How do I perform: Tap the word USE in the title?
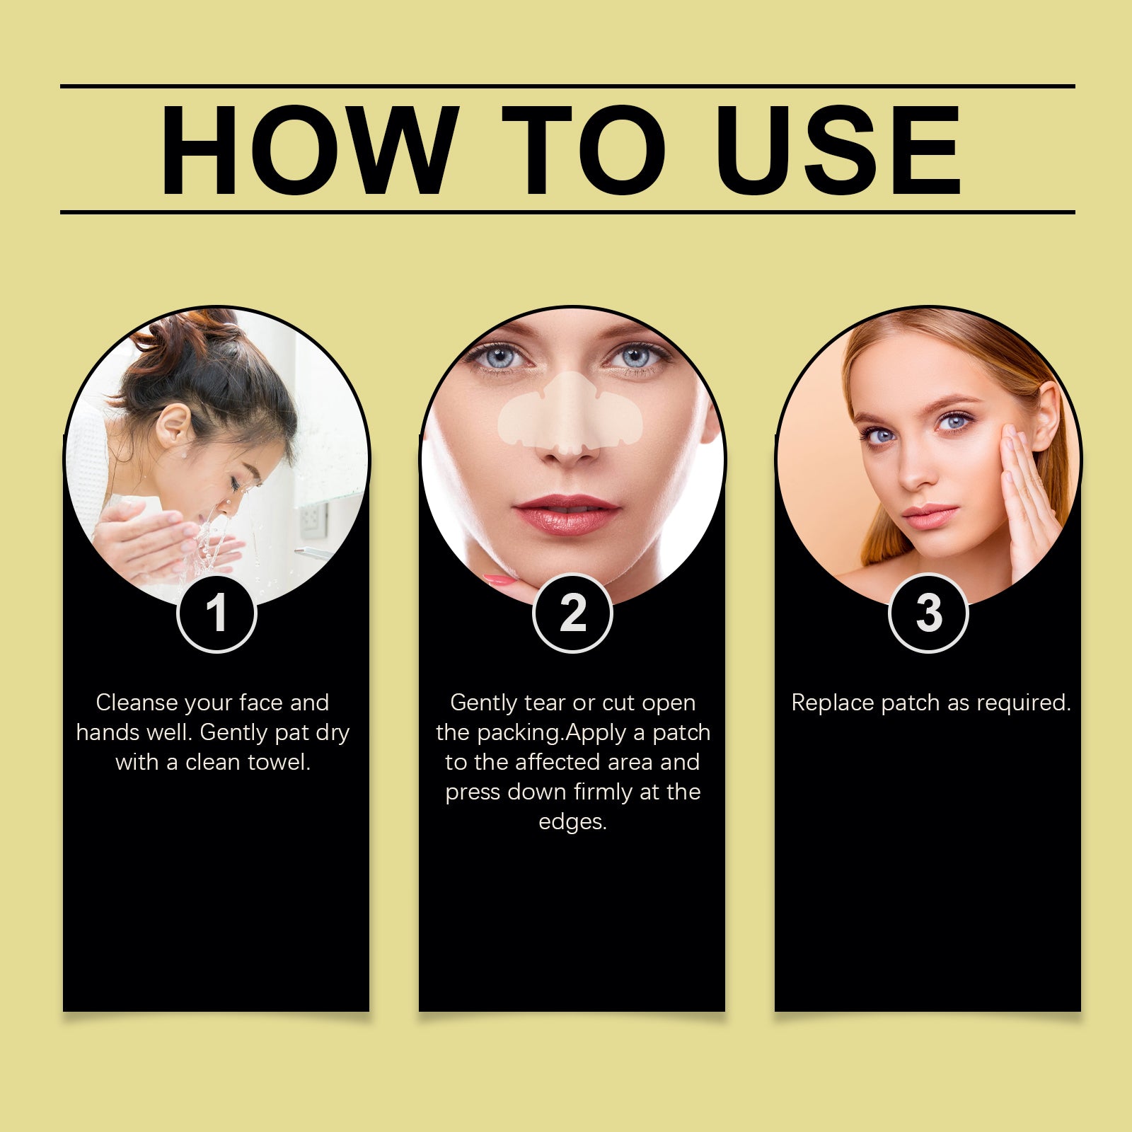pyautogui.click(x=838, y=150)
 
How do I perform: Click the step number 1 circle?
pyautogui.click(x=216, y=613)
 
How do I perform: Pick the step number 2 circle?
pyautogui.click(x=572, y=613)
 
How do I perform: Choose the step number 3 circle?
pyautogui.click(x=928, y=613)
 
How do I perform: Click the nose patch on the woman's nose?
pyautogui.click(x=570, y=414)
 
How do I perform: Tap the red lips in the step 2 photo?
pyautogui.click(x=567, y=514)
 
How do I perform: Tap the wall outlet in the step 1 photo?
pyautogui.click(x=311, y=520)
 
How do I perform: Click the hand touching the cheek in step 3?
pyautogui.click(x=1029, y=495)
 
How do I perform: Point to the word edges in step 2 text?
pyautogui.click(x=572, y=822)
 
